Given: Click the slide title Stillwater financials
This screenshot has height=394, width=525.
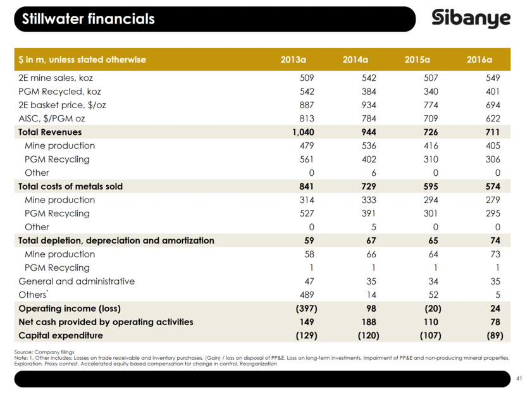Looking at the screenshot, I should point(88,19).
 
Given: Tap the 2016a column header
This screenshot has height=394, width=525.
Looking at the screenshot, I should point(479,60).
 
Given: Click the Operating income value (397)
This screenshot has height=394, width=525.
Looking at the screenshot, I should point(302,309).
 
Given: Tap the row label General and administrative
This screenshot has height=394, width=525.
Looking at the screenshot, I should point(77,281).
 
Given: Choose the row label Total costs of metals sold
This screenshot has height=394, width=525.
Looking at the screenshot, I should point(70,187).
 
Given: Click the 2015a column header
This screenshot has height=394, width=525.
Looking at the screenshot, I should point(417,60).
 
